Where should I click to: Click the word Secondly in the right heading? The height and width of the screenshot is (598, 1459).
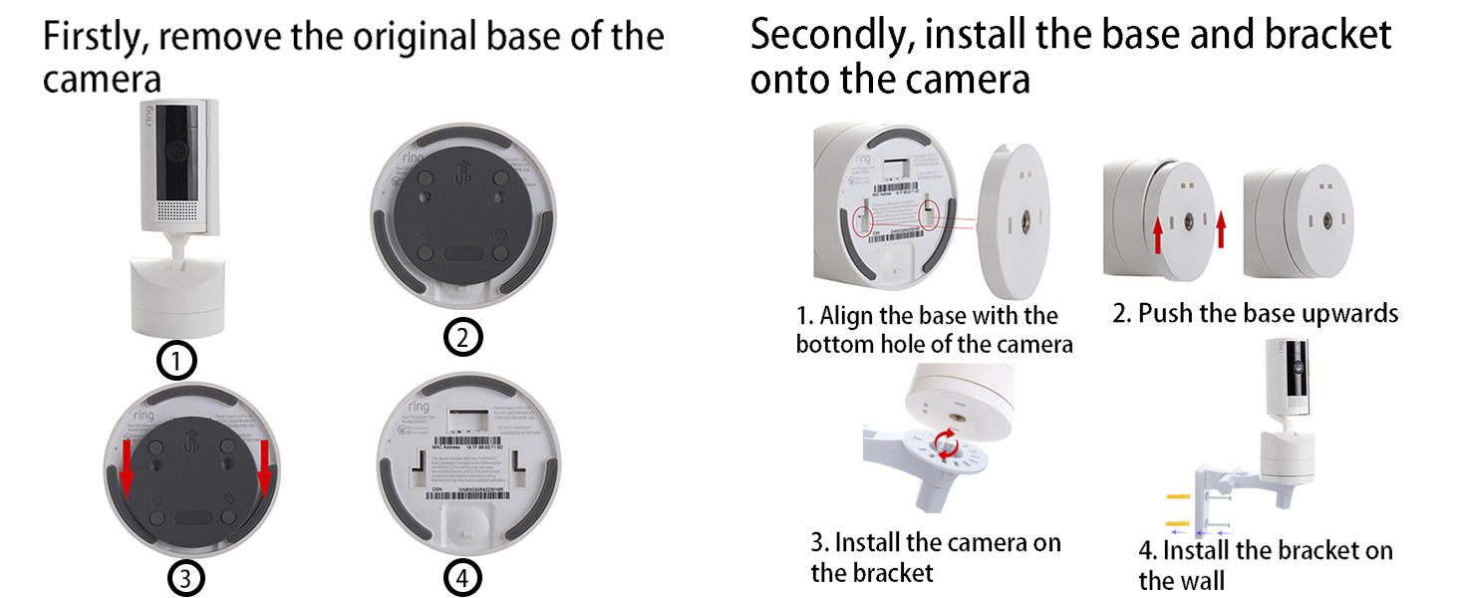coord(829,35)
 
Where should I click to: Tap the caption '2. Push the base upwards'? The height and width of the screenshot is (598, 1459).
coord(1255,314)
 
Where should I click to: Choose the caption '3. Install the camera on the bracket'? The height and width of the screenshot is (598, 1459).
coord(935,557)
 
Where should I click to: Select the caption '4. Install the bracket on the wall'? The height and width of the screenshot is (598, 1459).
coord(1265,564)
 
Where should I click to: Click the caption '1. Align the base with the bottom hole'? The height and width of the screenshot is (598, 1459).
coord(934,330)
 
